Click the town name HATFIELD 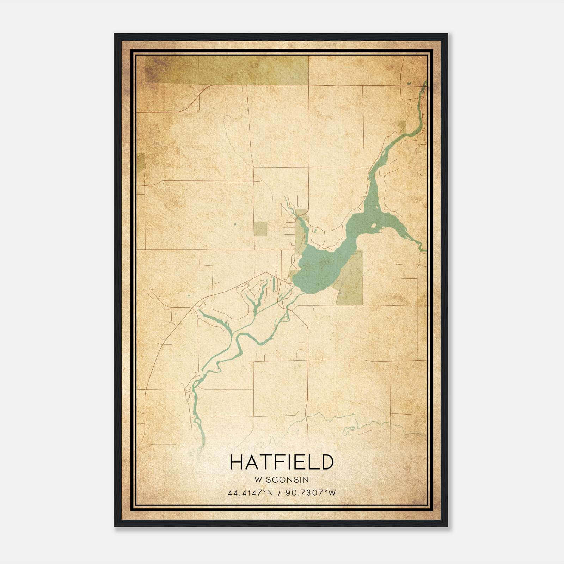coord(281,462)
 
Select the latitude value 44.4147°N coord(251,492)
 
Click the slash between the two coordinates coord(280,492)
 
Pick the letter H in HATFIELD coord(236,462)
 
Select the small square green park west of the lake coord(261,228)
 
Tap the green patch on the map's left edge coord(141,162)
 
